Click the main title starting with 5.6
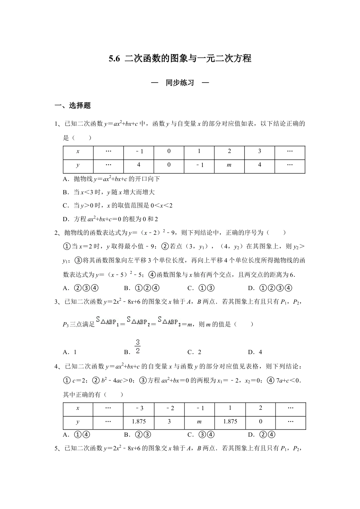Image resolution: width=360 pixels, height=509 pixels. (x=180, y=58)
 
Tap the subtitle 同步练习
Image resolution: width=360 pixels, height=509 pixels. (x=180, y=83)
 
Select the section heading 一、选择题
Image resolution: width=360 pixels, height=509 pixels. (x=73, y=106)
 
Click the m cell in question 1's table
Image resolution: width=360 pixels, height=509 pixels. (x=229, y=165)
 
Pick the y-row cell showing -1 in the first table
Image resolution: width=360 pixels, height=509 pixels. (x=199, y=165)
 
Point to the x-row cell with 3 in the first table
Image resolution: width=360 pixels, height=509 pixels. (x=259, y=151)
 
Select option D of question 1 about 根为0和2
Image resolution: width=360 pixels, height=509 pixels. (x=110, y=219)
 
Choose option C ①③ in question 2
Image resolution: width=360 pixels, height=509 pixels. (x=201, y=288)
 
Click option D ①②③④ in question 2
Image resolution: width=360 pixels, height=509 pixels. (x=270, y=288)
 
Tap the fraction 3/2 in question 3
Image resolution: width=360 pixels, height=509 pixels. (x=138, y=347)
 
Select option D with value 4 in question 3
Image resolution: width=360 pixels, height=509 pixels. (x=255, y=352)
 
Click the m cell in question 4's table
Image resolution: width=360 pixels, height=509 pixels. (x=199, y=422)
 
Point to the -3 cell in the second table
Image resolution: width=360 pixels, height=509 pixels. (x=139, y=408)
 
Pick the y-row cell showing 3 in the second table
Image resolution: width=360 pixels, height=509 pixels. (x=169, y=422)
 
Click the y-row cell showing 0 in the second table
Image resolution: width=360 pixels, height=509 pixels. (x=260, y=422)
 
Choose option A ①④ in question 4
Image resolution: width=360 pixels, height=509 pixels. (x=77, y=435)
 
